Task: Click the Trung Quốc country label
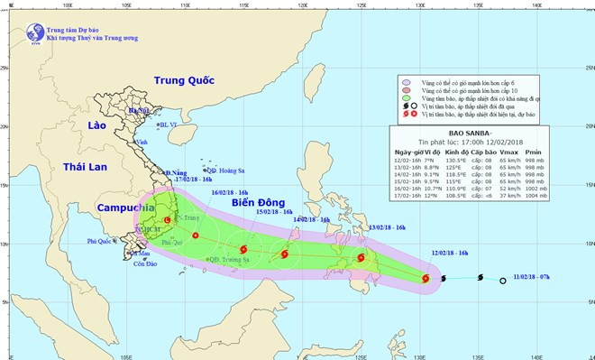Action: coord(183,80)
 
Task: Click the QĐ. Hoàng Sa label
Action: coord(225,170)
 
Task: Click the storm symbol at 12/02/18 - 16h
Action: coord(426,279)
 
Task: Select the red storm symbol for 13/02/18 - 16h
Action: coord(362,258)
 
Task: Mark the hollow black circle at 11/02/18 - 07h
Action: coord(502,282)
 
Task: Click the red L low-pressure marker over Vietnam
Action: coord(167,220)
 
